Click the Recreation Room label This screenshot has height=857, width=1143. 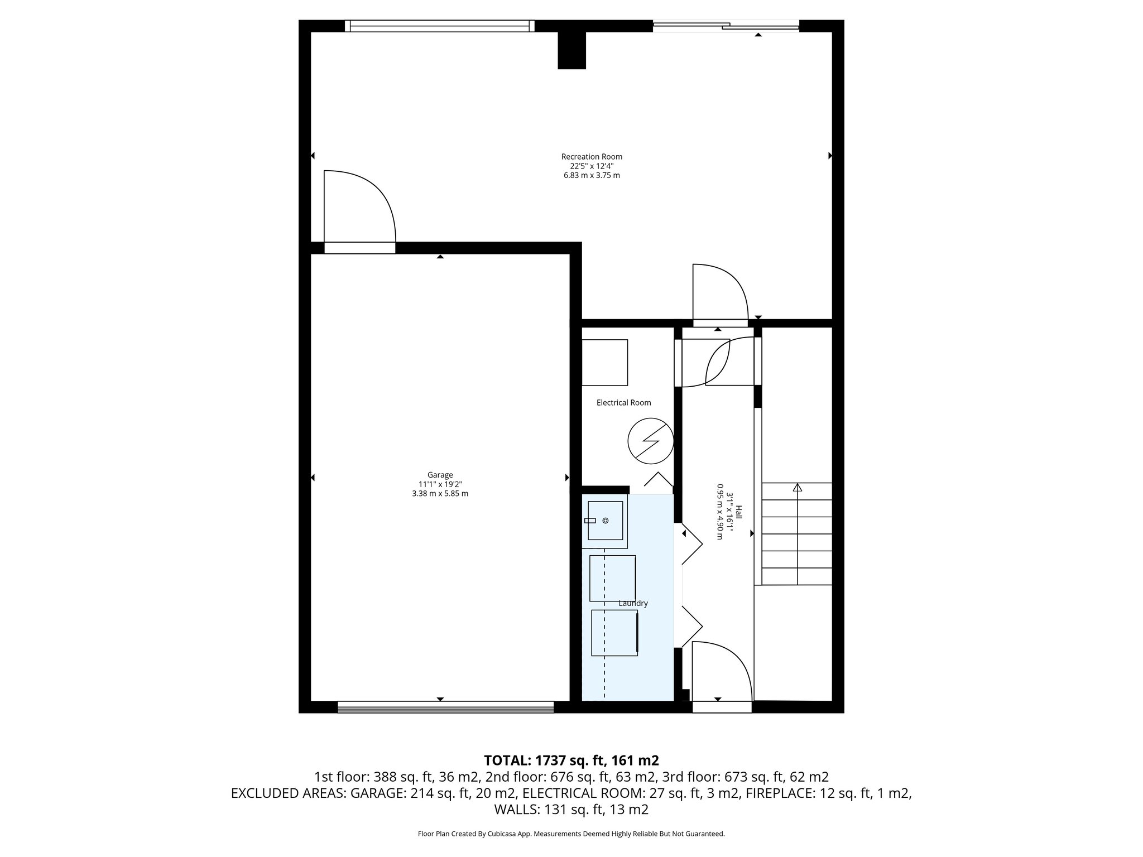[x=592, y=157]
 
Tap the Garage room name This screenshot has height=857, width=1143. [x=440, y=475]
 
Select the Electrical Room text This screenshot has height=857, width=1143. [x=623, y=403]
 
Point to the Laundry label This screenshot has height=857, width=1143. [x=633, y=603]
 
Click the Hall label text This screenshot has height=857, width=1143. [x=738, y=512]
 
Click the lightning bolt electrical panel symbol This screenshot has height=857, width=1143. [x=650, y=441]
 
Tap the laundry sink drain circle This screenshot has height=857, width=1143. [x=606, y=521]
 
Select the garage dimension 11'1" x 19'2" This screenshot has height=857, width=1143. [x=440, y=484]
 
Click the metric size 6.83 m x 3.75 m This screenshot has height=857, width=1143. [x=592, y=175]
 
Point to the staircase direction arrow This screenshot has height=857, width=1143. [x=797, y=488]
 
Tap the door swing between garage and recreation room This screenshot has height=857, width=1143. [x=360, y=209]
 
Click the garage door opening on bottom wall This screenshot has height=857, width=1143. [x=445, y=707]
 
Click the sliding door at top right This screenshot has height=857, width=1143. [x=726, y=25]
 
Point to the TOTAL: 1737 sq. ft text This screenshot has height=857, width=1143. [x=571, y=760]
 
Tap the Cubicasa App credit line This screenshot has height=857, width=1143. [x=571, y=834]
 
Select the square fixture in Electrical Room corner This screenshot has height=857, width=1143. [x=604, y=362]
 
